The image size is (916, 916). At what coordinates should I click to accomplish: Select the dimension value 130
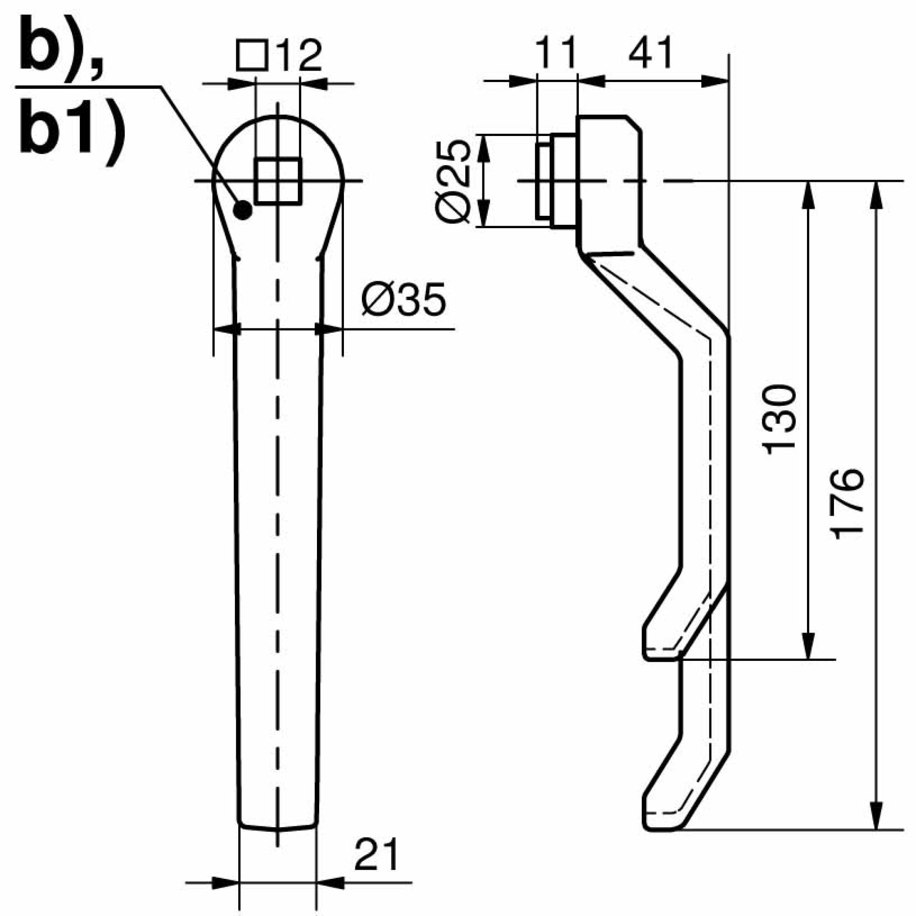click(x=778, y=420)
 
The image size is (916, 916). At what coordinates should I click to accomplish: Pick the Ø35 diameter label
click(x=403, y=300)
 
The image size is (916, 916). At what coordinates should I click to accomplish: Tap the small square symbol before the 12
click(x=252, y=56)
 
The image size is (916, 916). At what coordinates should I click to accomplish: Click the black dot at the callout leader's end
click(x=243, y=210)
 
